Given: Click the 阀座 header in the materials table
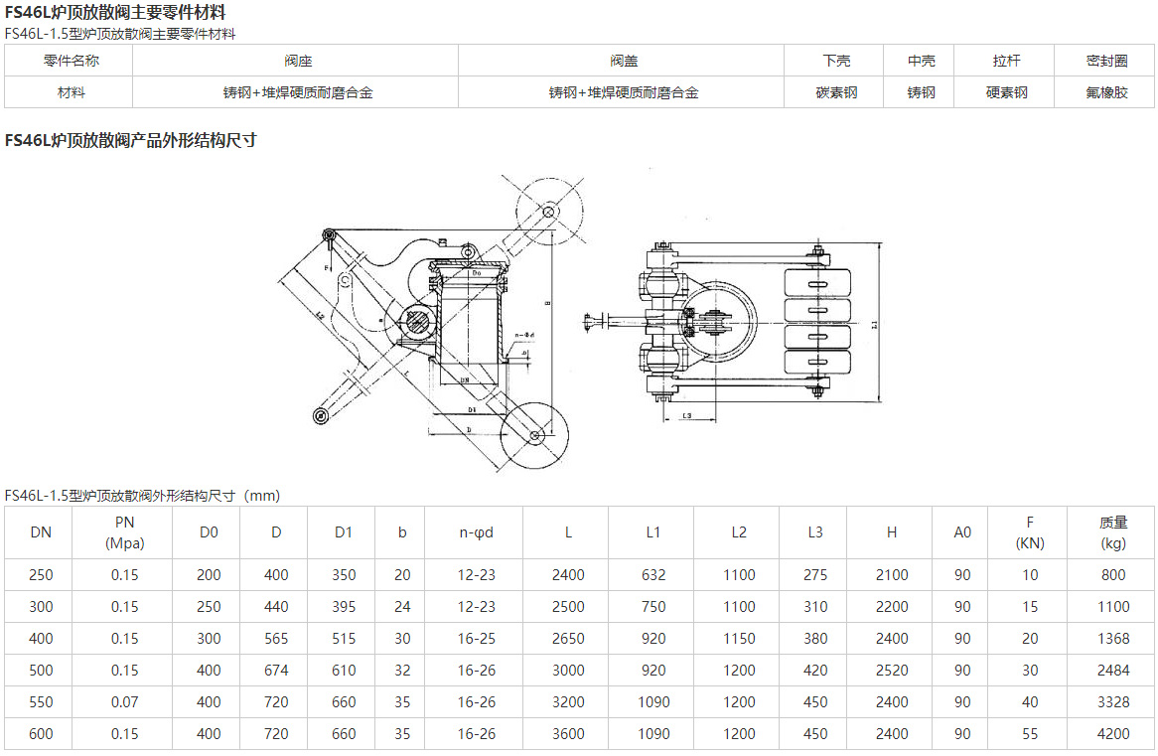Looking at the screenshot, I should pyautogui.click(x=295, y=61).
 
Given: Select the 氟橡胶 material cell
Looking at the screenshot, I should pyautogui.click(x=1105, y=92).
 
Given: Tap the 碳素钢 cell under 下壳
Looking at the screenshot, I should pyautogui.click(x=836, y=92).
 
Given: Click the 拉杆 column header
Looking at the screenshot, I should pyautogui.click(x=1006, y=61).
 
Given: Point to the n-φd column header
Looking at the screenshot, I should pyautogui.click(x=476, y=532).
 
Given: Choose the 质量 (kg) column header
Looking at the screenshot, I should pyautogui.click(x=1112, y=532).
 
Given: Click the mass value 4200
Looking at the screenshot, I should pyautogui.click(x=1113, y=734).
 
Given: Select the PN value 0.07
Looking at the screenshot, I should pyautogui.click(x=125, y=702).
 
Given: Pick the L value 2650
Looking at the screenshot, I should pyautogui.click(x=568, y=639).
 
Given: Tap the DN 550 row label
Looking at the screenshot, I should pyautogui.click(x=41, y=702).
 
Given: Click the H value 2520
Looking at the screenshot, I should pyautogui.click(x=891, y=671).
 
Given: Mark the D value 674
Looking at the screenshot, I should pyautogui.click(x=276, y=671).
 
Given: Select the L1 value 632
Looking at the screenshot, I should pyautogui.click(x=652, y=575).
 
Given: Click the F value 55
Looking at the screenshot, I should pyautogui.click(x=1030, y=734).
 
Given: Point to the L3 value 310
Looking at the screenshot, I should pyautogui.click(x=814, y=607).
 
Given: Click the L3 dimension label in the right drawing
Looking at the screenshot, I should pyautogui.click(x=687, y=415).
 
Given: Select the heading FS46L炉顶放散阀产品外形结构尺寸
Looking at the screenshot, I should pyautogui.click(x=131, y=140).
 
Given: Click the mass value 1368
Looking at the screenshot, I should pyautogui.click(x=1113, y=639).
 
